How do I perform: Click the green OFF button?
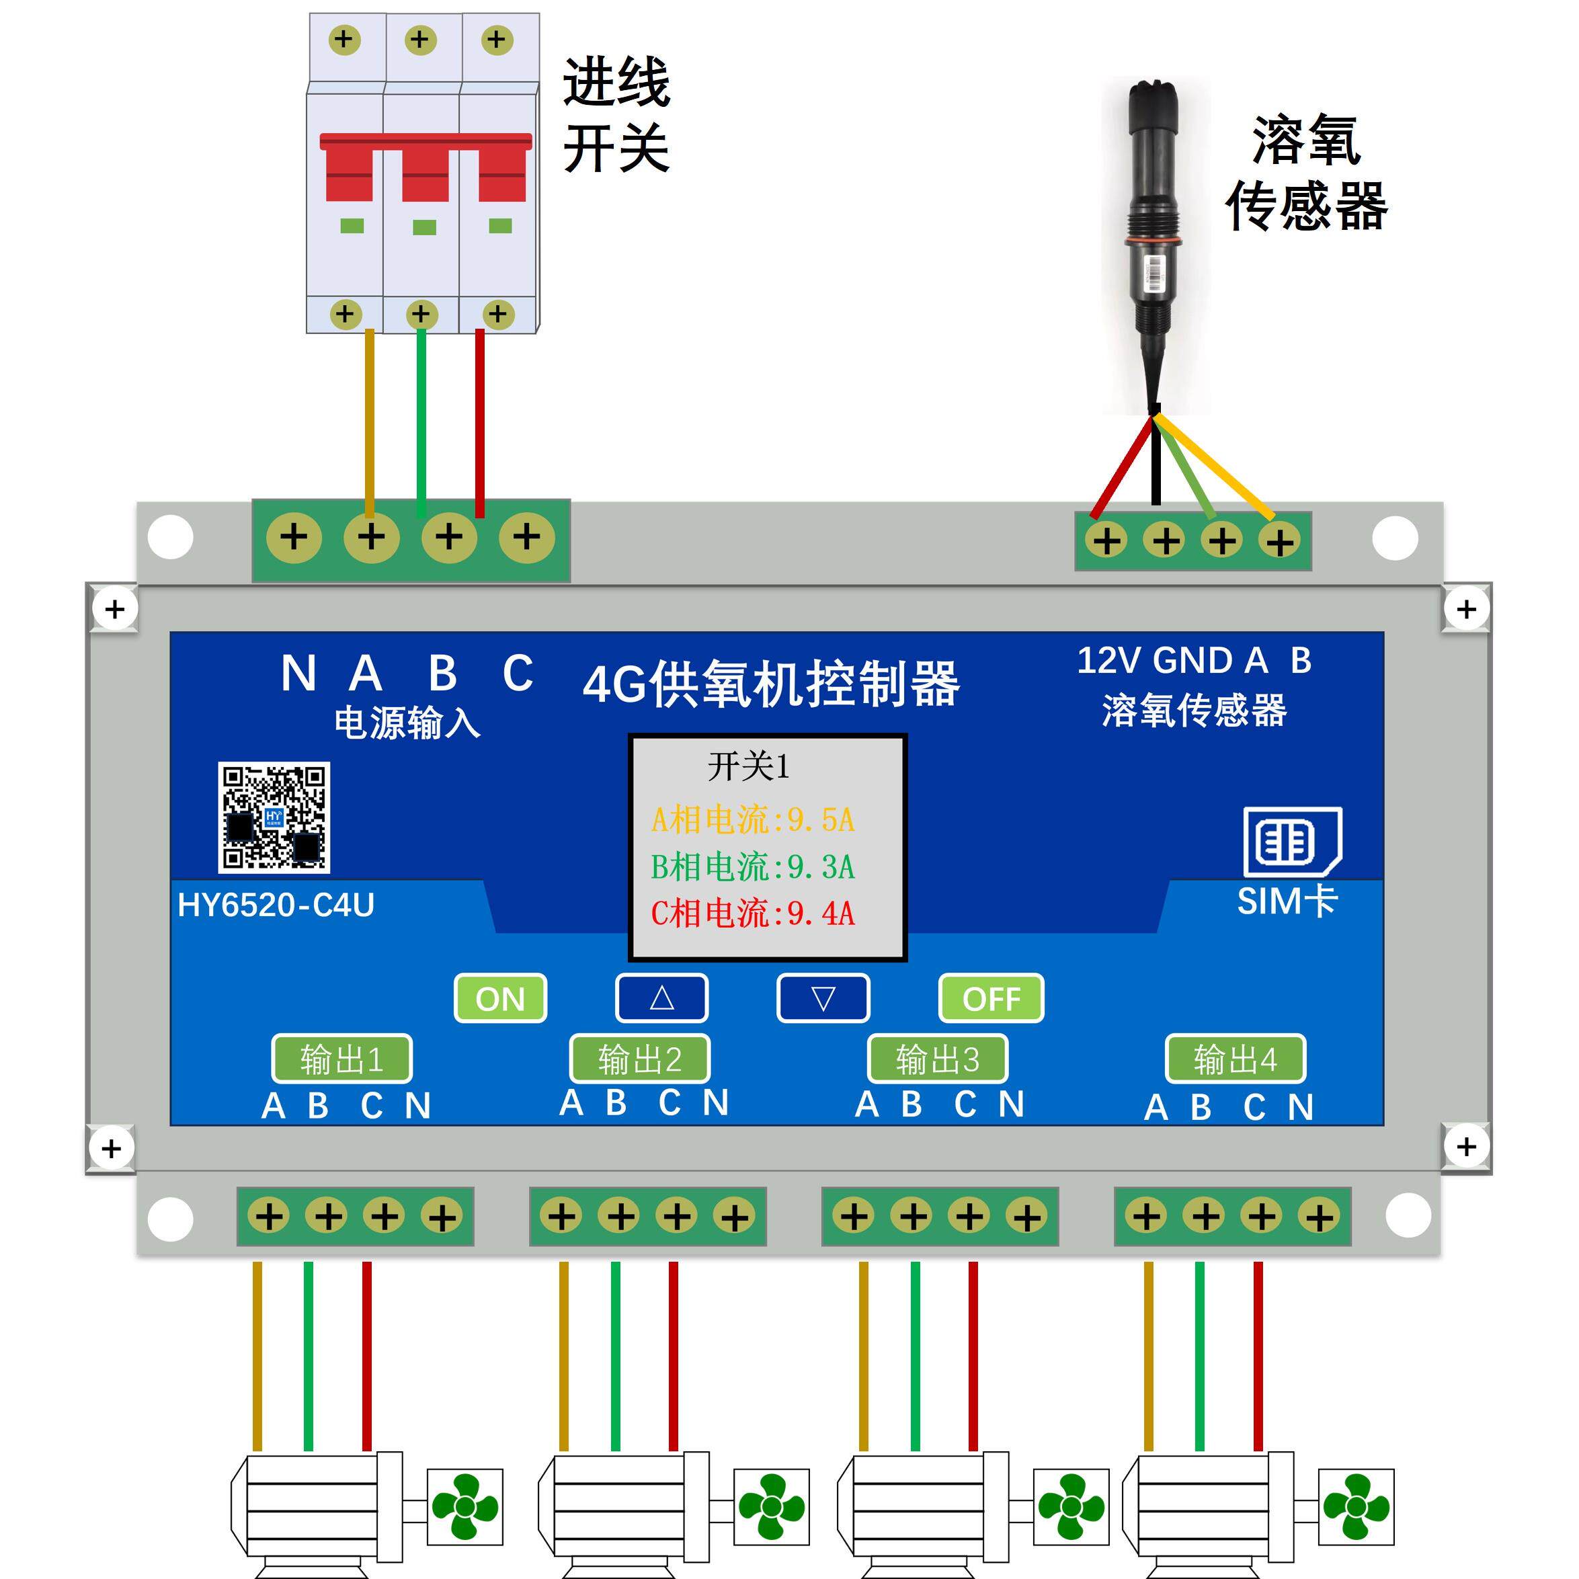point(991,998)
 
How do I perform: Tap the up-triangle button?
point(661,998)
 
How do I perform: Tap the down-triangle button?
point(822,998)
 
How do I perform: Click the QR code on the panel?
point(274,817)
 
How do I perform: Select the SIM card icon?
point(1292,841)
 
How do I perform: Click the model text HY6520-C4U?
point(276,905)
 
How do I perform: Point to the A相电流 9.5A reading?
point(752,819)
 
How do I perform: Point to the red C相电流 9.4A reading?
point(752,913)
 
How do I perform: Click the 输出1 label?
point(341,1059)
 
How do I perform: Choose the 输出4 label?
point(1235,1059)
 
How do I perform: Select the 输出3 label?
point(938,1059)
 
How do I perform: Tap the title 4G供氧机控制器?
point(771,684)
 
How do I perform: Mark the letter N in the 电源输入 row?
point(298,674)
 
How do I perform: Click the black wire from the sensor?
point(1155,466)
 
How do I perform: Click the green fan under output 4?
point(1356,1507)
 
